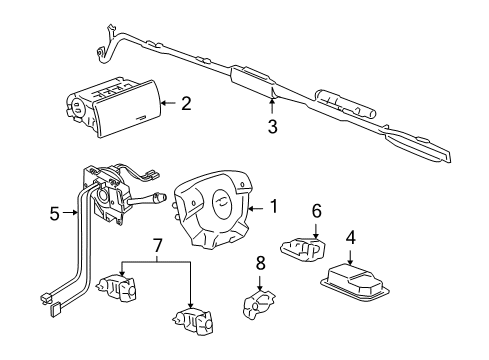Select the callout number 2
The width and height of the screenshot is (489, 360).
186,102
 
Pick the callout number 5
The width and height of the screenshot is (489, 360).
55,212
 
